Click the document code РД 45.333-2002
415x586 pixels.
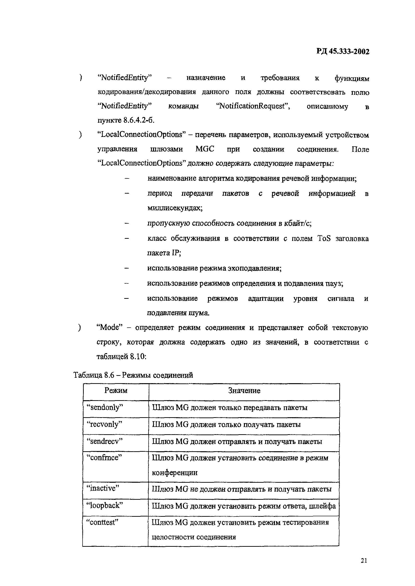[343, 52]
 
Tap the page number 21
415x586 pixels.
[364, 560]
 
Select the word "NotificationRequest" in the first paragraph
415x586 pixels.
[253, 106]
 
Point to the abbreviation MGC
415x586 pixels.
[205, 149]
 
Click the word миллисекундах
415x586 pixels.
[175, 208]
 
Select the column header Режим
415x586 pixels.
[116, 391]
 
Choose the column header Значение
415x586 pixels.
[244, 391]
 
